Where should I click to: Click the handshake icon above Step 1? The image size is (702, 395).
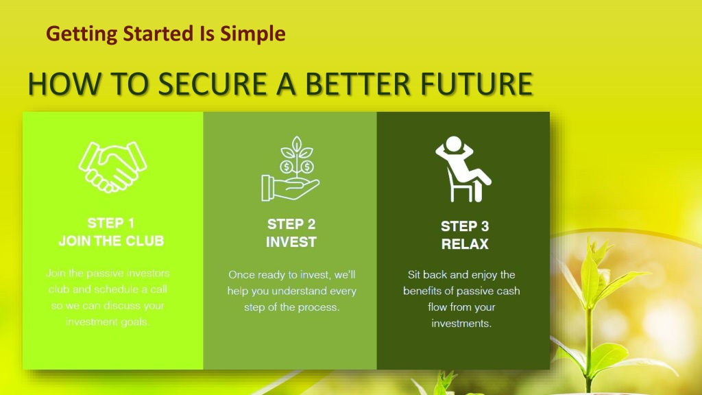pos(112,167)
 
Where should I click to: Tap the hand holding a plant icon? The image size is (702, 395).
pos(290,169)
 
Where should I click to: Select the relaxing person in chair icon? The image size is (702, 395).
pos(463,169)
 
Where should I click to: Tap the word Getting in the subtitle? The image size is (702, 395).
pos(82,34)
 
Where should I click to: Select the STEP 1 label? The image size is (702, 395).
pos(110,223)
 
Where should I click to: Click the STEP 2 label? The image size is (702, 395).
pos(291,224)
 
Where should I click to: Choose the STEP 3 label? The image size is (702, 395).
pos(465,226)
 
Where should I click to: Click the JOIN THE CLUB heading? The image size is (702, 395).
pos(111,241)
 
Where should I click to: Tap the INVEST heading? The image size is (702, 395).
pos(291,242)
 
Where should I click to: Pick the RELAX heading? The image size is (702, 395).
pos(465,244)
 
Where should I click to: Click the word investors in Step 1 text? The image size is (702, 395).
pos(148,273)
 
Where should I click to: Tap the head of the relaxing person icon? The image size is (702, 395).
pos(454,144)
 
